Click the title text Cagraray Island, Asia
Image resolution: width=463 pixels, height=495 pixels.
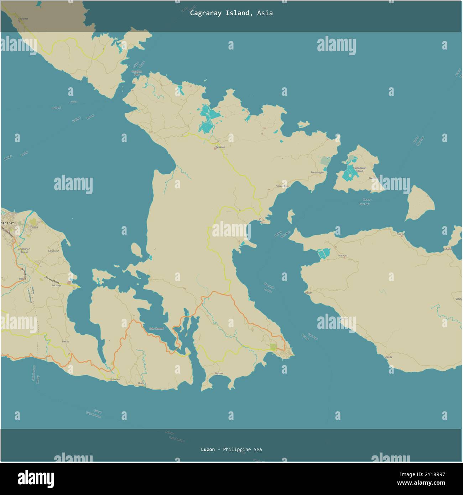click(x=231, y=13)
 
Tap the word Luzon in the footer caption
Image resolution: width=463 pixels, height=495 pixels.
click(x=208, y=449)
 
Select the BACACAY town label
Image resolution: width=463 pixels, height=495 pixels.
click(x=7, y=223)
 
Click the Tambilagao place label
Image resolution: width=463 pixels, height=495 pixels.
click(x=317, y=172)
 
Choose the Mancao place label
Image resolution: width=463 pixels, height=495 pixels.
click(x=342, y=256)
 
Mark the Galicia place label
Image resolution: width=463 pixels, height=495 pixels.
click(x=400, y=234)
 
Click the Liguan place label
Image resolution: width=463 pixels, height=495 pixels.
click(x=308, y=293)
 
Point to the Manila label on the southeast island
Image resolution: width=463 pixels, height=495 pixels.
click(x=388, y=357)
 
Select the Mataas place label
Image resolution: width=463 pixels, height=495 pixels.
click(x=219, y=373)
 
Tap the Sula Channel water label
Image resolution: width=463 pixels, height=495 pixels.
click(x=156, y=328)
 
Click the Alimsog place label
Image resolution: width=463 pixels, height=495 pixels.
click(x=142, y=383)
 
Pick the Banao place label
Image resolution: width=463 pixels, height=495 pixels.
click(x=66, y=342)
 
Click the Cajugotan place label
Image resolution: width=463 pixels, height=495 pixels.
click(x=53, y=251)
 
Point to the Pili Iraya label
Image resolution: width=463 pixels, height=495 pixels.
click(x=56, y=285)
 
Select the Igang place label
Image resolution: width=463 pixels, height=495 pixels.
click(x=34, y=217)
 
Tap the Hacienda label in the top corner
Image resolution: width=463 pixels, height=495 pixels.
click(x=22, y=19)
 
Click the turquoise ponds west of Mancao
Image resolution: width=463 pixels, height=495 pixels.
click(x=324, y=254)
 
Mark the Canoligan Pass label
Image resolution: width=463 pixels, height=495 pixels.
click(x=136, y=73)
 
